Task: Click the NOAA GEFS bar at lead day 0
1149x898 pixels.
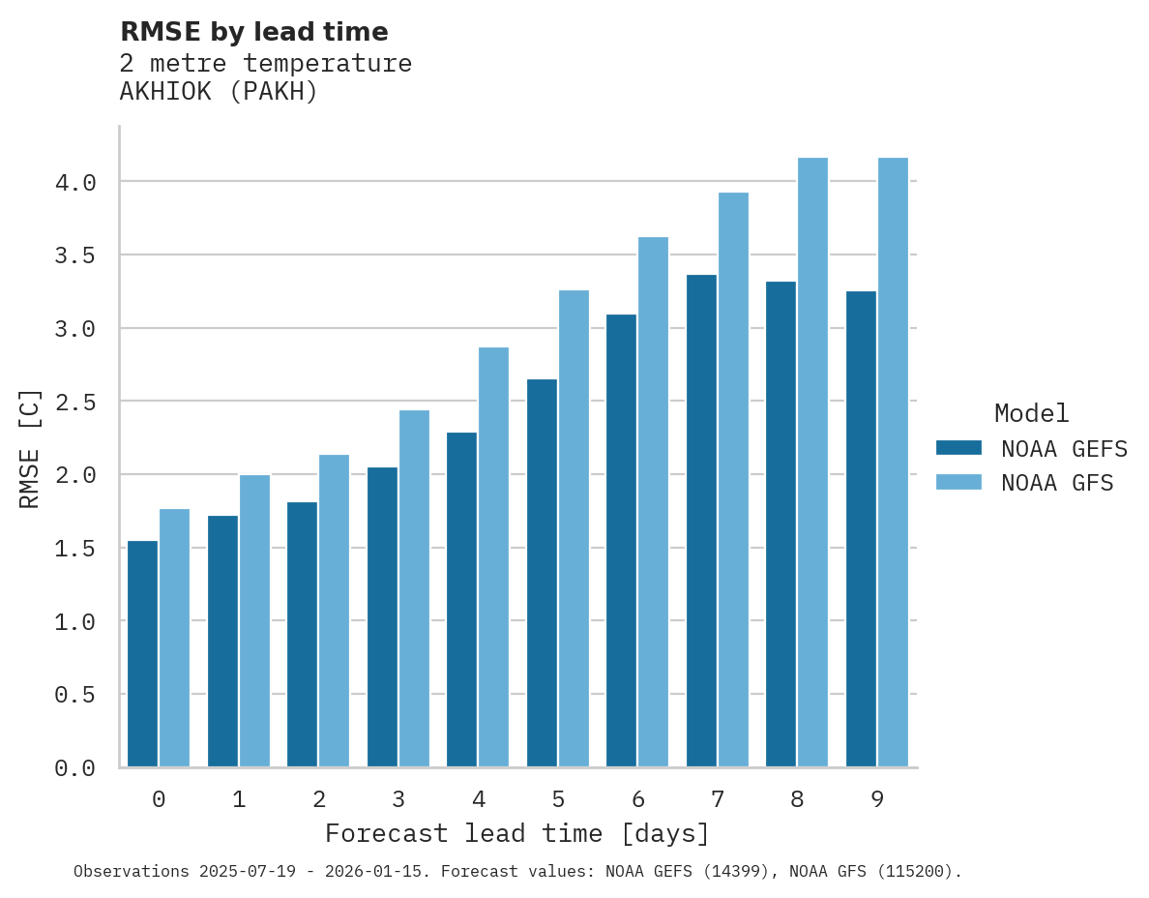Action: [142, 653]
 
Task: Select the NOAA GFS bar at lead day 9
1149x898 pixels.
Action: [893, 463]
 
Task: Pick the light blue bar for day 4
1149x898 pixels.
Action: [493, 556]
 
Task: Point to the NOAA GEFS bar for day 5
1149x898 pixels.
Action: [542, 573]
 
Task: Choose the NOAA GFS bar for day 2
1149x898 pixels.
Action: [334, 611]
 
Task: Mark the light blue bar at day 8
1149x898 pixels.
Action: [812, 463]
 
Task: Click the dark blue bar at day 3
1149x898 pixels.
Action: [382, 616]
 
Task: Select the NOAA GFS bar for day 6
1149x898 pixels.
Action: [653, 501]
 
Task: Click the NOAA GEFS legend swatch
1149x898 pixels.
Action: [958, 448]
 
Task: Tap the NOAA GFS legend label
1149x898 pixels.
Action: [1057, 482]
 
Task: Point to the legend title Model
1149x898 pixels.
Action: [1031, 413]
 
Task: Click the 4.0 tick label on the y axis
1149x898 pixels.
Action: [74, 182]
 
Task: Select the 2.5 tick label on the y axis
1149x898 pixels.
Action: [74, 402]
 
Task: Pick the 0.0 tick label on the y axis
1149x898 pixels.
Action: [74, 768]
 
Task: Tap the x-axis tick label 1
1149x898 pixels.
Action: [239, 799]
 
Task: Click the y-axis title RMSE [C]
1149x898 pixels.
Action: [30, 448]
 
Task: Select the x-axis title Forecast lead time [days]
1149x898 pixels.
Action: [517, 833]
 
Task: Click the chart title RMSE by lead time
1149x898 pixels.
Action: [253, 32]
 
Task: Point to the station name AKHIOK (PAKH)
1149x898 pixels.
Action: [219, 92]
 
